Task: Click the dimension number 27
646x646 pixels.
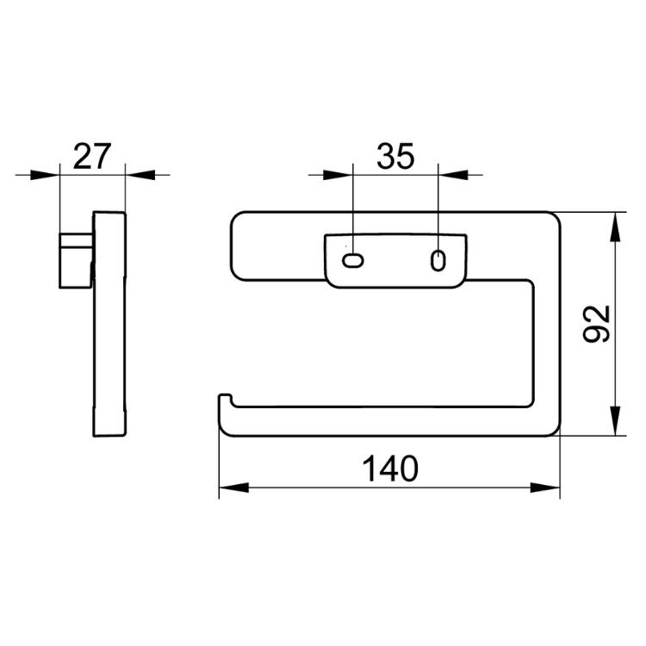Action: coord(92,156)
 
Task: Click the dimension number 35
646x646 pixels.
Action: coord(395,156)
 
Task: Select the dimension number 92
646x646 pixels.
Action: coord(597,323)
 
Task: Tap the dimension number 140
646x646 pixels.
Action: coord(389,469)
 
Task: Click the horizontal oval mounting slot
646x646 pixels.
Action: coord(353,260)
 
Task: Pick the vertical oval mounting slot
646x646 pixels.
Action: coord(438,260)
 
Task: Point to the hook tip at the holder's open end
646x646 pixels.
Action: coord(225,396)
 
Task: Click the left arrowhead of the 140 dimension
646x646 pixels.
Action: coord(233,488)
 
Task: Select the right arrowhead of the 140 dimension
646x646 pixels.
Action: coord(545,488)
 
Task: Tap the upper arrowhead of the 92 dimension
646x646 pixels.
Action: coord(615,227)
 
